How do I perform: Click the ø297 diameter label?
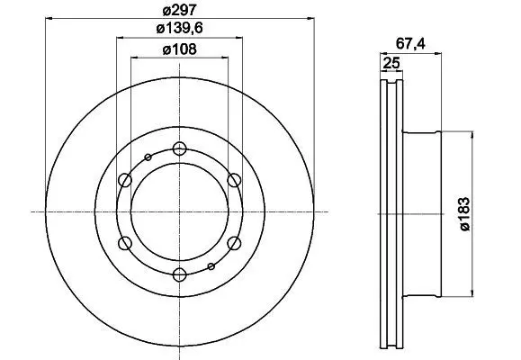coord(180,10)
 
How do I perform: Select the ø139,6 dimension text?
coord(179,29)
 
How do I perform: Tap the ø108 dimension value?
coord(180,49)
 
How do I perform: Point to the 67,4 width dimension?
coord(410,44)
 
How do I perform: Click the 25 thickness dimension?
coord(391,63)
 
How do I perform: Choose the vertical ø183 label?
coord(465,214)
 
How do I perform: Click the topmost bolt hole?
coord(179,148)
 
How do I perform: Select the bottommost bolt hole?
coord(179,274)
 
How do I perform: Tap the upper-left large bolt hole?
coord(125,180)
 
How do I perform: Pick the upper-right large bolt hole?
coord(234,180)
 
